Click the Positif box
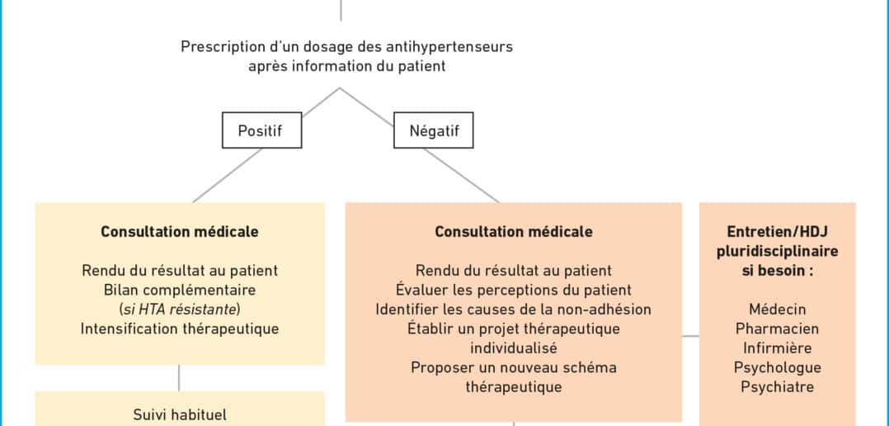tap(261, 130)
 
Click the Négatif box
tap(434, 130)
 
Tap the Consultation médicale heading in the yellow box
tap(180, 231)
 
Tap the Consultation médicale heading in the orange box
tap(514, 231)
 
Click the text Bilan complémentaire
tap(180, 290)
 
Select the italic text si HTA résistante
tap(180, 309)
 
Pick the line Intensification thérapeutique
tap(180, 329)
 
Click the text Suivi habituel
tap(180, 414)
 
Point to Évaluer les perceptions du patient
tap(514, 290)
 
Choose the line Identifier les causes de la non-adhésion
tap(514, 309)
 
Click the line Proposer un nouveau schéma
tap(514, 367)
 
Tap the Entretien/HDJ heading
tap(778, 231)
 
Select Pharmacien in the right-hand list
tap(778, 329)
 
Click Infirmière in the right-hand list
tap(778, 348)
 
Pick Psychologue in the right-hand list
tap(778, 367)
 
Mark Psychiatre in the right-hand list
tap(778, 387)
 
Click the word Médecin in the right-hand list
tap(778, 309)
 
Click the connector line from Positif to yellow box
tap(228, 175)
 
